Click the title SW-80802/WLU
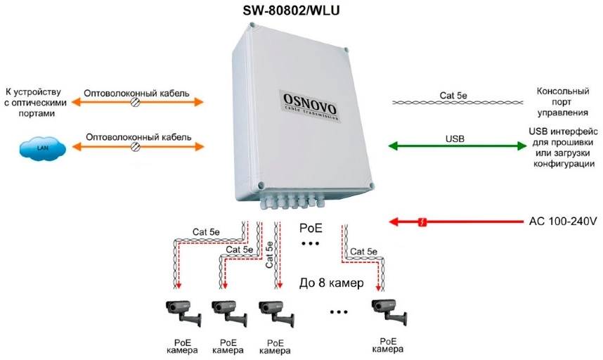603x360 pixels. click(x=301, y=10)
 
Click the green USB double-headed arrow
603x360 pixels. click(x=457, y=146)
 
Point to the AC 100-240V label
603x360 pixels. click(x=562, y=221)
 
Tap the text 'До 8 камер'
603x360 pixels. click(x=331, y=284)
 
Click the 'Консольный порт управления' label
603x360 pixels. click(x=562, y=102)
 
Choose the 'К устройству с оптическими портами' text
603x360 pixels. click(x=34, y=102)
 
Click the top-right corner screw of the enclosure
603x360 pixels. click(x=346, y=49)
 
